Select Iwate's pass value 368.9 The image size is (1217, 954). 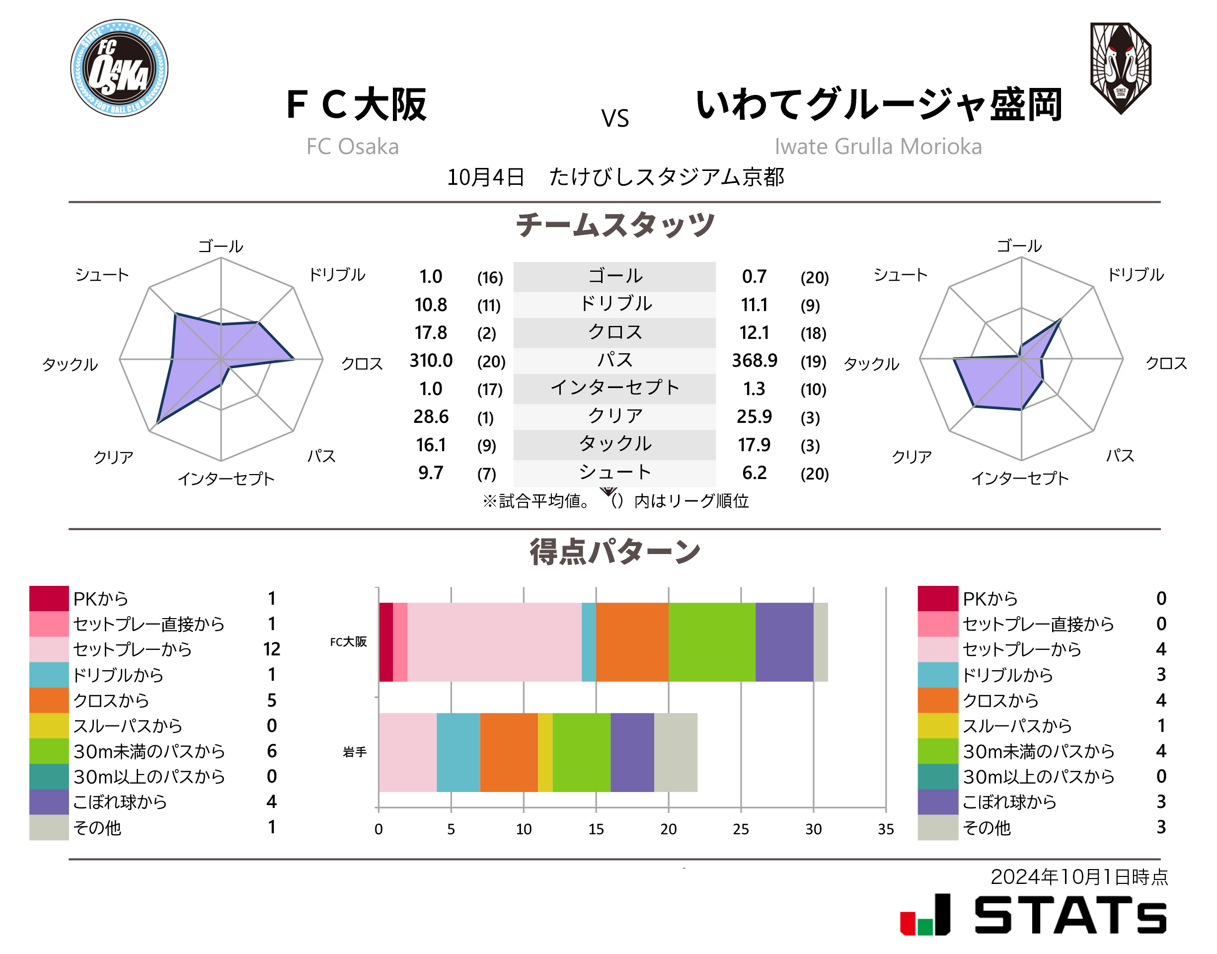[x=754, y=361]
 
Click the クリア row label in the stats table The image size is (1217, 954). [x=614, y=416]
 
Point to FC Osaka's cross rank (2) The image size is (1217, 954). [x=486, y=333]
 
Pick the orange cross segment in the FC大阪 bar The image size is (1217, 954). [x=631, y=642]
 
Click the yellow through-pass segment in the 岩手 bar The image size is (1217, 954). [x=545, y=752]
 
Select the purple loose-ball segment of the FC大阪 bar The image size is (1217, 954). [x=784, y=642]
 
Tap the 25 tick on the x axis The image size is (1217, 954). [x=740, y=829]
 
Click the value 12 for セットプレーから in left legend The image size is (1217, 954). [x=271, y=649]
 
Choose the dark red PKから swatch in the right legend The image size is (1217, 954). [x=937, y=598]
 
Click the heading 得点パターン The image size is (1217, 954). [x=614, y=552]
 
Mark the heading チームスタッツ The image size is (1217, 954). [x=614, y=225]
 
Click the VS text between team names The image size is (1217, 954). [x=614, y=118]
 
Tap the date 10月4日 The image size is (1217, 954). [x=485, y=177]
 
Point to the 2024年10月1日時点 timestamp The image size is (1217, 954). [x=1078, y=876]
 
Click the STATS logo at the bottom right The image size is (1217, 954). [x=1033, y=914]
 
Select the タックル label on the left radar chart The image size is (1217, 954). [x=71, y=364]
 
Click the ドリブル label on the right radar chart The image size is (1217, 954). [x=1135, y=274]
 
